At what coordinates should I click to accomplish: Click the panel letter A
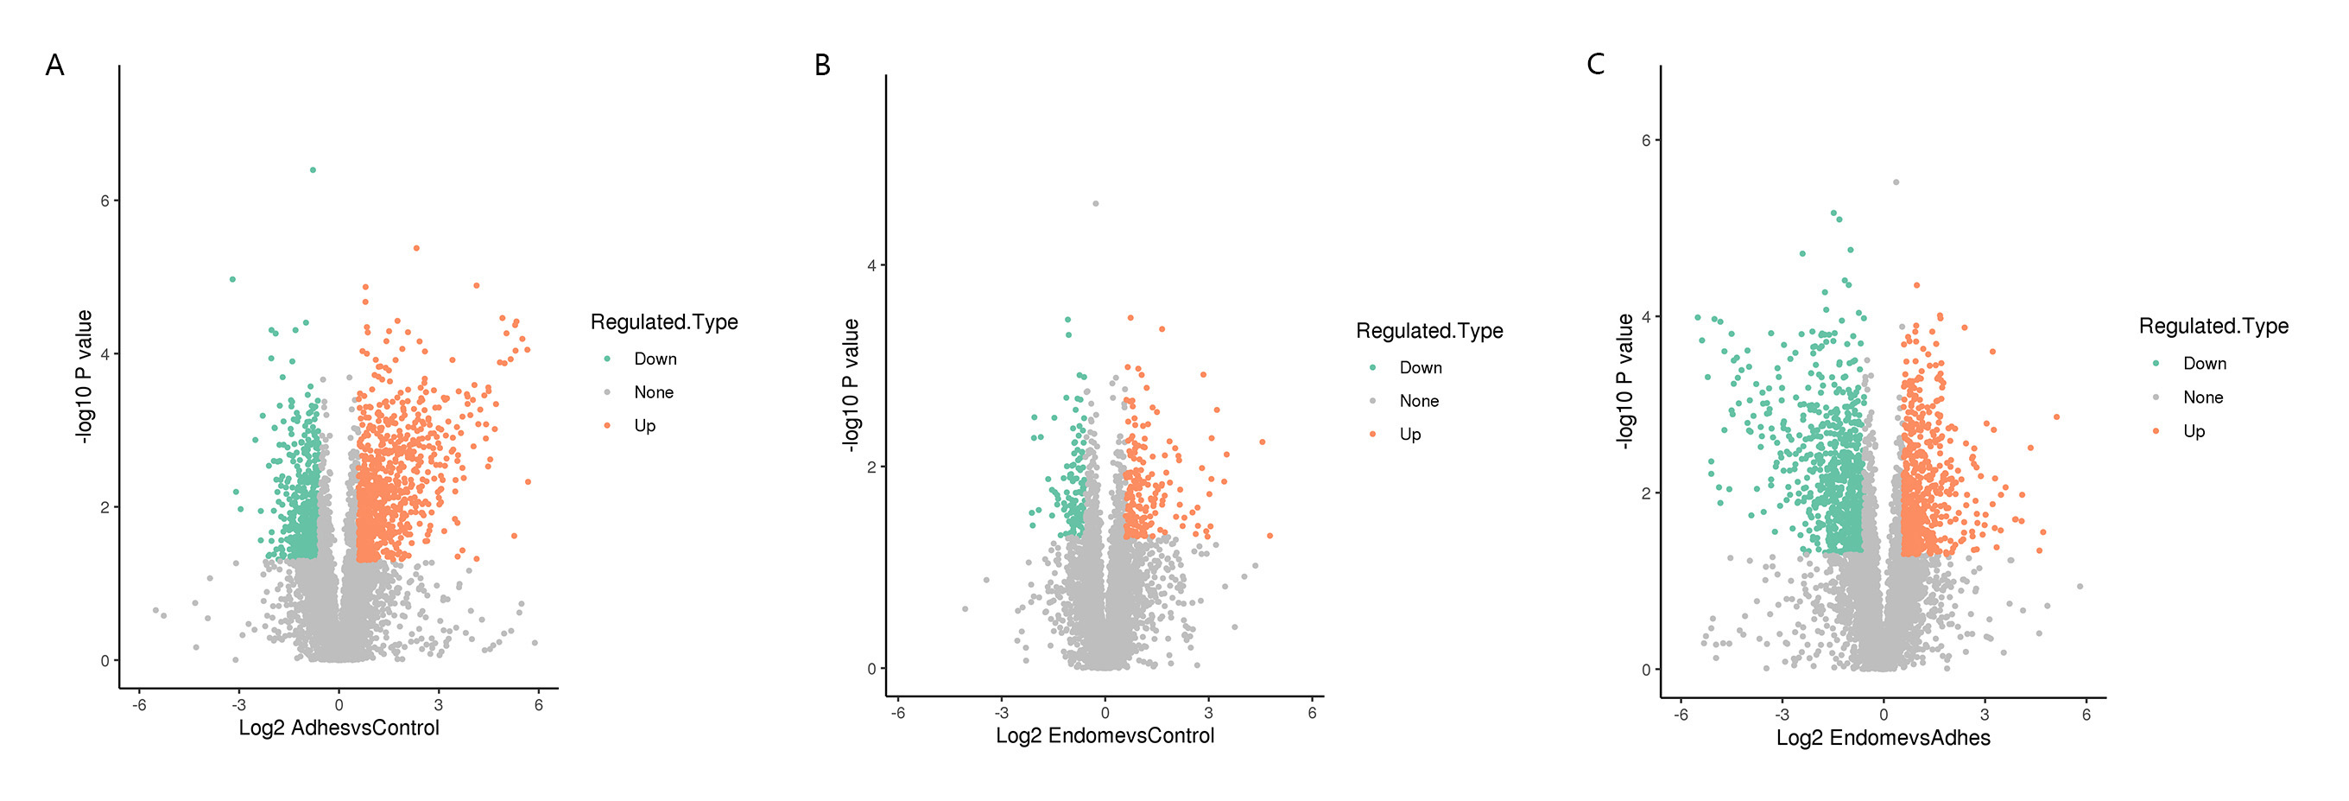point(54,66)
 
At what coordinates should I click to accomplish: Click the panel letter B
point(821,66)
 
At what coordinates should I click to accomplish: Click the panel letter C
point(1595,65)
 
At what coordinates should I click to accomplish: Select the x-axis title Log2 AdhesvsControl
point(339,728)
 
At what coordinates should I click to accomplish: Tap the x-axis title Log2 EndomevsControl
point(1105,736)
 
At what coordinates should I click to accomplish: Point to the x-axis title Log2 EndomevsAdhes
point(1882,738)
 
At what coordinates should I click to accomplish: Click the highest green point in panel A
point(313,169)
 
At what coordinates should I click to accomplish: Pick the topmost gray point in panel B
point(1095,203)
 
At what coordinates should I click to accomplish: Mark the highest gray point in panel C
point(1896,182)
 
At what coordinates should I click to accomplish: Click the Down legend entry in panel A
point(655,359)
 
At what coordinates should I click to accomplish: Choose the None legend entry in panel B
point(1419,402)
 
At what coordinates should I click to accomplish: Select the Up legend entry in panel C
point(2193,431)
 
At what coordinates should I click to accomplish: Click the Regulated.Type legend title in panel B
point(1429,331)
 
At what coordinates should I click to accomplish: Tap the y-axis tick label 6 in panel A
point(105,200)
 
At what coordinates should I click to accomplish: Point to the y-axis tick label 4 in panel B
point(871,265)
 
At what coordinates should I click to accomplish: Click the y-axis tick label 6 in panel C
point(1646,141)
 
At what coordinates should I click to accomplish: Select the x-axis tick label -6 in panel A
point(138,705)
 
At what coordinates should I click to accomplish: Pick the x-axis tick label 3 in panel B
point(1208,714)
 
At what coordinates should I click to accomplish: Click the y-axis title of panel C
point(1624,381)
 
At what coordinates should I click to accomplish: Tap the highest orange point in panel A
point(415,248)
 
